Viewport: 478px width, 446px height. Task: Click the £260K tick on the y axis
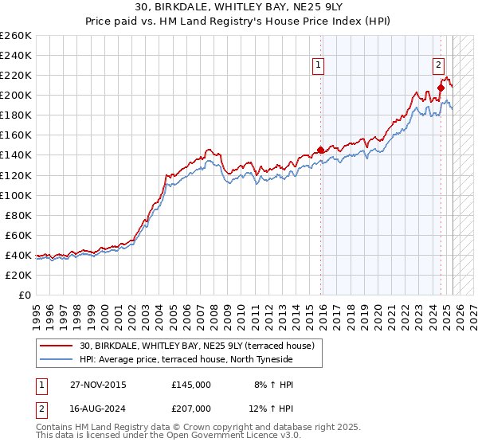coord(15,36)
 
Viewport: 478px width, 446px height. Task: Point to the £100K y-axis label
coord(15,195)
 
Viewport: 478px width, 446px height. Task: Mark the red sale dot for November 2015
coord(321,150)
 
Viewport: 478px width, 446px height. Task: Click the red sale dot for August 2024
coord(441,88)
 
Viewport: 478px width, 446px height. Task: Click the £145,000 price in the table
coord(191,385)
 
